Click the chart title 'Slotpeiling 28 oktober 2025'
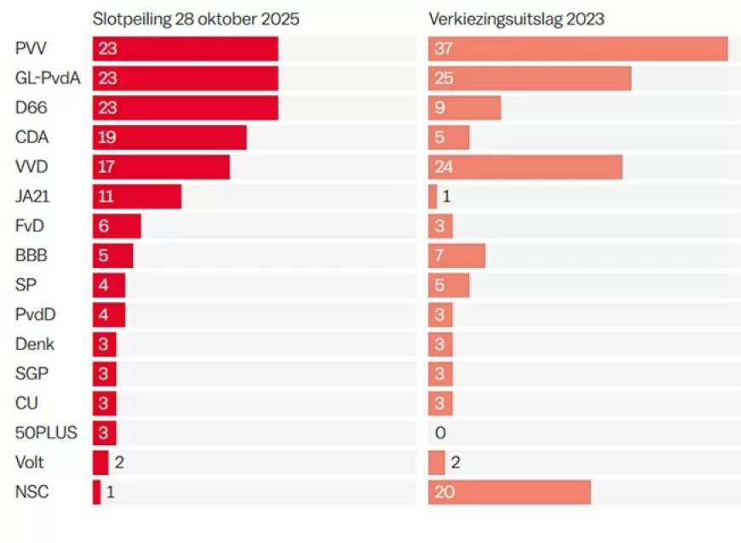196,19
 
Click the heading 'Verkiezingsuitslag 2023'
516,19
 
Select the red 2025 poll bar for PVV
186,49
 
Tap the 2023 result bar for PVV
577,49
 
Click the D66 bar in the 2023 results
464,108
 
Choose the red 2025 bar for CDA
169,138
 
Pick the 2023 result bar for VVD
525,167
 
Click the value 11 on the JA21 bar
106,197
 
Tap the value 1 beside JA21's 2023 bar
445,197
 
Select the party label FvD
30,226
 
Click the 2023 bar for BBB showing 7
457,255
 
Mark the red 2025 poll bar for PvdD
109,315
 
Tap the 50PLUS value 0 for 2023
440,433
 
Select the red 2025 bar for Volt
101,462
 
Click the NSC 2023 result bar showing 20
509,492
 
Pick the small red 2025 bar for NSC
96,492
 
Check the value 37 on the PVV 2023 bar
443,49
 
